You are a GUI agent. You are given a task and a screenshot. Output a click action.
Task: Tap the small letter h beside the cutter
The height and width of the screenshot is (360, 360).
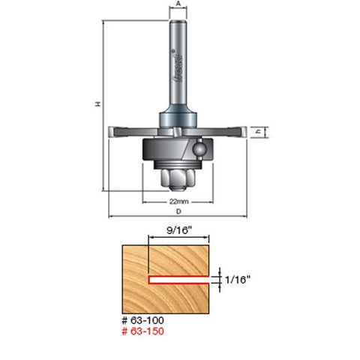pos(258,133)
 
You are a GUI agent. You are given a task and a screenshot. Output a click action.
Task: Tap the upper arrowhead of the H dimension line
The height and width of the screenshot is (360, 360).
pos(103,24)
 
